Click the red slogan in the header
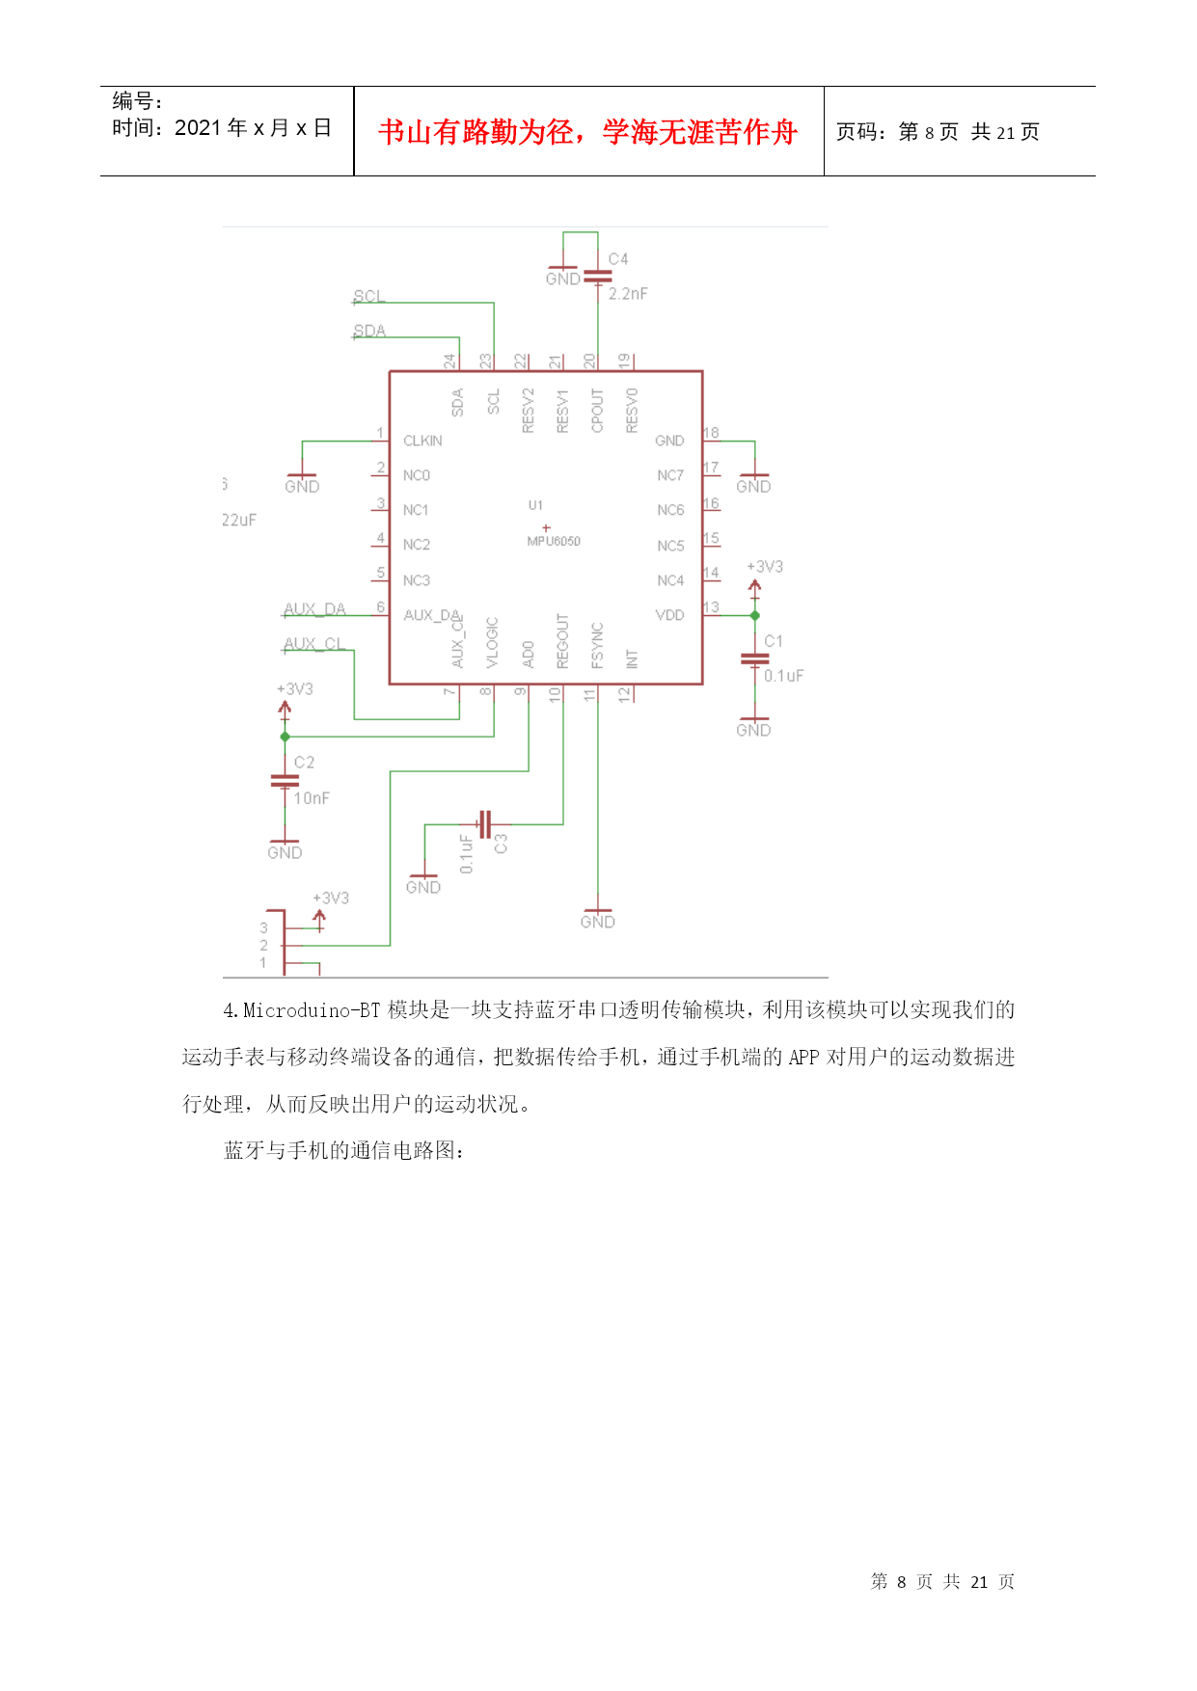pos(587,132)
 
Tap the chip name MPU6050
pos(554,542)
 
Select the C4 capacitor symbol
pos(598,277)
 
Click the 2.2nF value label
pos(628,294)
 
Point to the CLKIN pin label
pos(422,441)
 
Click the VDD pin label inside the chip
pos(669,615)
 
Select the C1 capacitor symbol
pos(754,659)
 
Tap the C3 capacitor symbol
pos(485,824)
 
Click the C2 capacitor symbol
pos(285,780)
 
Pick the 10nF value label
pos(312,798)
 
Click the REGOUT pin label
pos(562,641)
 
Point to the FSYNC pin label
pos(597,646)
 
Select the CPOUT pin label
pos(597,411)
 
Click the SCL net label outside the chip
pos(368,296)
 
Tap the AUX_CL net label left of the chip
pos(313,644)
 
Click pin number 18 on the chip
pos(711,433)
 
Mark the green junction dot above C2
pos(285,737)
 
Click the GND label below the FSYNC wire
pos(598,923)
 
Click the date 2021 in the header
pos(199,128)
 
